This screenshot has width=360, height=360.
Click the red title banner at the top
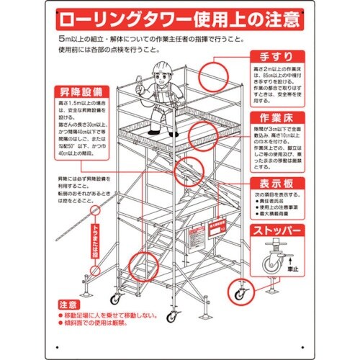[x=180, y=17]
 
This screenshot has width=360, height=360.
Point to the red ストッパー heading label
[x=276, y=231]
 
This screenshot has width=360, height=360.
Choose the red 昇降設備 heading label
[x=81, y=92]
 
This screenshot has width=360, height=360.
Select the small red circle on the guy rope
[x=94, y=211]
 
